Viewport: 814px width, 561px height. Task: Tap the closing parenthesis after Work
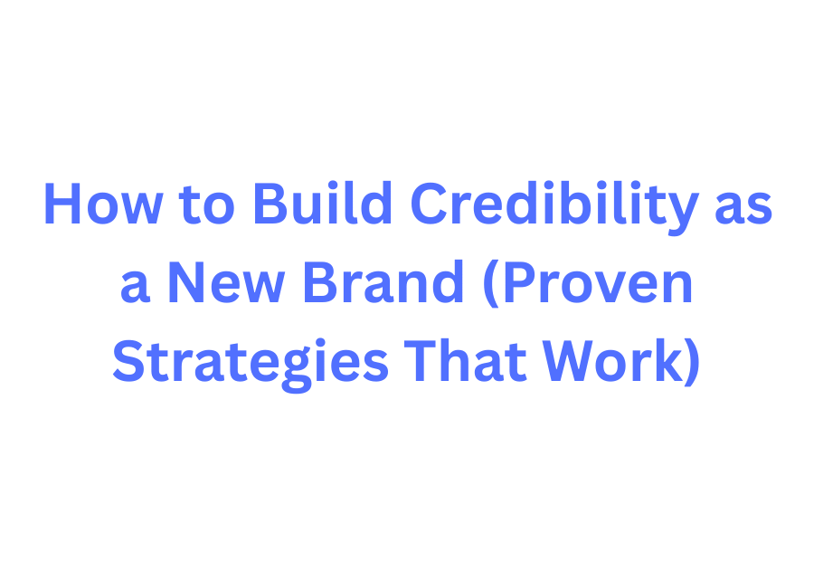tap(692, 363)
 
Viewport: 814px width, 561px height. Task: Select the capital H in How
tap(62, 205)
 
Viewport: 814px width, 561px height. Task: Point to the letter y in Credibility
tap(684, 212)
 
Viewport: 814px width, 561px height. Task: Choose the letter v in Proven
tap(623, 290)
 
